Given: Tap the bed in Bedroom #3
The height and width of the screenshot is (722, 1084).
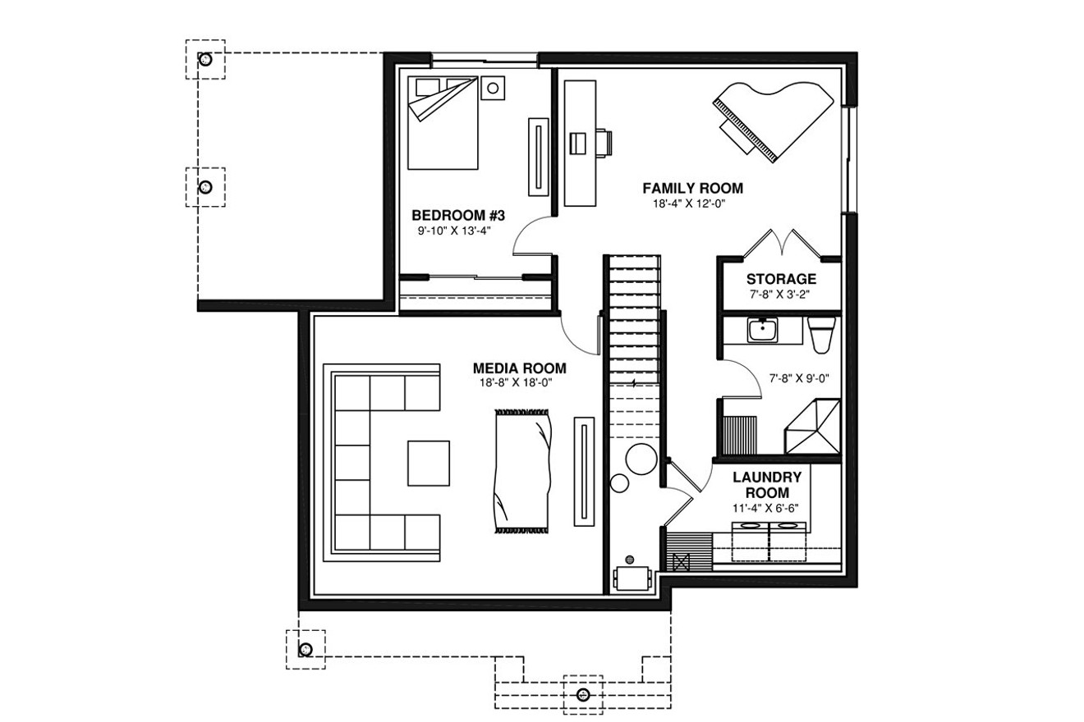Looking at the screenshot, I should [443, 123].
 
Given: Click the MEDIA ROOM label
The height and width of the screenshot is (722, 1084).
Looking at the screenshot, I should [519, 368].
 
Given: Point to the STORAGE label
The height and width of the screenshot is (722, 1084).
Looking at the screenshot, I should [780, 279].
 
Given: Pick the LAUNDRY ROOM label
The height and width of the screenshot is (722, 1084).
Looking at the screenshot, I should [766, 484].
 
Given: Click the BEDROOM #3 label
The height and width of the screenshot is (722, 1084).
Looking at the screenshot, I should [457, 216].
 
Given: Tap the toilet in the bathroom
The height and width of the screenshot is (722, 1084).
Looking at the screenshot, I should [820, 332].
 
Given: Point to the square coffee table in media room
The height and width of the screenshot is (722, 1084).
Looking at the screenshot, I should [429, 463].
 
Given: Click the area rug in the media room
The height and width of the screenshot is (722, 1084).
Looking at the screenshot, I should [521, 471].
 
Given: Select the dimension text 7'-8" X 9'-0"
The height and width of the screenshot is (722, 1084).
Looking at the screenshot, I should [799, 379].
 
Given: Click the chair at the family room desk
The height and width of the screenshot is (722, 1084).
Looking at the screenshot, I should [601, 142].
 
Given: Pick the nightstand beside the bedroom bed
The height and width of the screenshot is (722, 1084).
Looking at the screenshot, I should [494, 86].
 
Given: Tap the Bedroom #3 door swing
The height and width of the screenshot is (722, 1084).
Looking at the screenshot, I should [531, 234].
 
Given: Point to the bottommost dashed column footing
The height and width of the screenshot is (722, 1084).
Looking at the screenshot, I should [583, 694].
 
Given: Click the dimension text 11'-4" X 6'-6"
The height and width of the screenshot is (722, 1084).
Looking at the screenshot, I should [766, 508].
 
